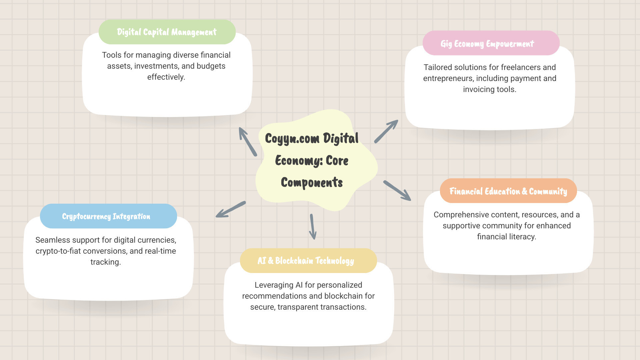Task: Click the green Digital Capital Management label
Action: [x=167, y=32]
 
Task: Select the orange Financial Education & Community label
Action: [x=508, y=191]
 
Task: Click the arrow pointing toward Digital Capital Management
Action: [x=248, y=142]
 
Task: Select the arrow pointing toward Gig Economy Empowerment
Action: [x=386, y=131]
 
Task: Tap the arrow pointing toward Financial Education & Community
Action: [x=397, y=191]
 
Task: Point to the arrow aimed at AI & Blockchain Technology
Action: [x=313, y=227]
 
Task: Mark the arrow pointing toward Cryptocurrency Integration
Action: [x=231, y=209]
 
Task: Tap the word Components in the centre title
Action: [x=312, y=183]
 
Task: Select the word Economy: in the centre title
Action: [x=299, y=161]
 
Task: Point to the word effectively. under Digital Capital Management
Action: [x=166, y=77]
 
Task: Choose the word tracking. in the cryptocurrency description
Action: [x=105, y=262]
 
